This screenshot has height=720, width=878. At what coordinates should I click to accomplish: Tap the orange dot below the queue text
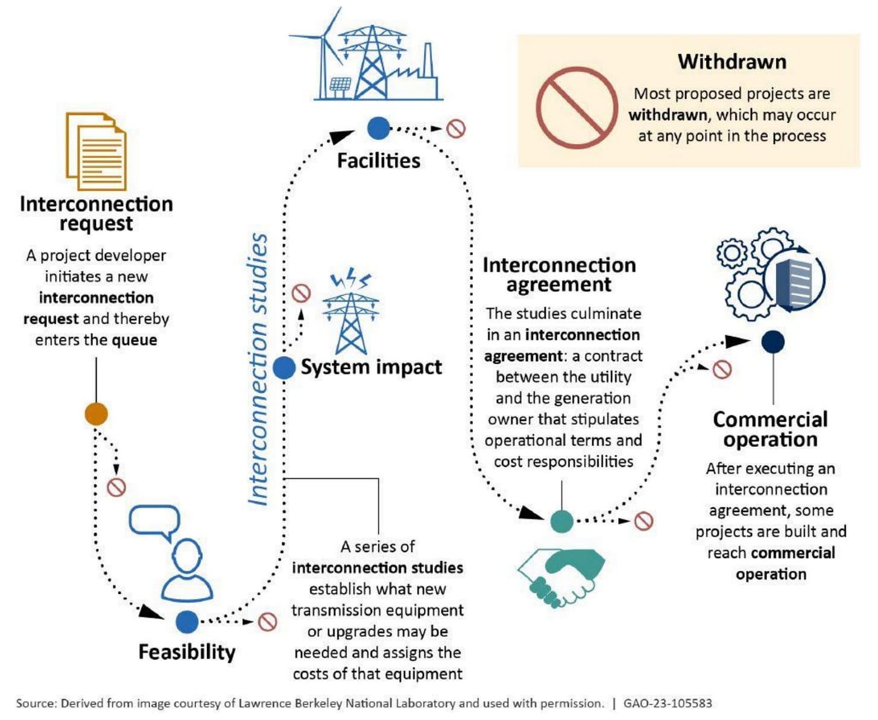(x=96, y=414)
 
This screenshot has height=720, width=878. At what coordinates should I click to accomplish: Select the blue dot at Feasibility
(x=188, y=622)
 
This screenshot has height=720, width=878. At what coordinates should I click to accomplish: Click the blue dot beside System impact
(x=284, y=367)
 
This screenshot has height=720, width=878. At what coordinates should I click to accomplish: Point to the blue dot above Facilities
(x=379, y=128)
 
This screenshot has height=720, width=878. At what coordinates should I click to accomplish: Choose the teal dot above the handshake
(x=562, y=521)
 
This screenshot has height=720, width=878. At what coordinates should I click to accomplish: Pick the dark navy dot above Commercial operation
(x=772, y=342)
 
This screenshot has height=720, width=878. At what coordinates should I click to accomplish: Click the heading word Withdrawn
(x=731, y=62)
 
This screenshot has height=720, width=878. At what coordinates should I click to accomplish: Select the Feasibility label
(x=187, y=652)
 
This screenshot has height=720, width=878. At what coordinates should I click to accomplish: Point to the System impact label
(x=371, y=367)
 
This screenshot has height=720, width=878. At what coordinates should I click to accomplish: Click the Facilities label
(x=379, y=160)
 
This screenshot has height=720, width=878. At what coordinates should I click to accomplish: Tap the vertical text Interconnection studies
(x=259, y=369)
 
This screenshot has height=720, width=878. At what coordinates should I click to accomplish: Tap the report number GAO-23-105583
(x=668, y=703)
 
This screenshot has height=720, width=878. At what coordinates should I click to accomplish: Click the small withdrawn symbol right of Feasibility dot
(x=267, y=622)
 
